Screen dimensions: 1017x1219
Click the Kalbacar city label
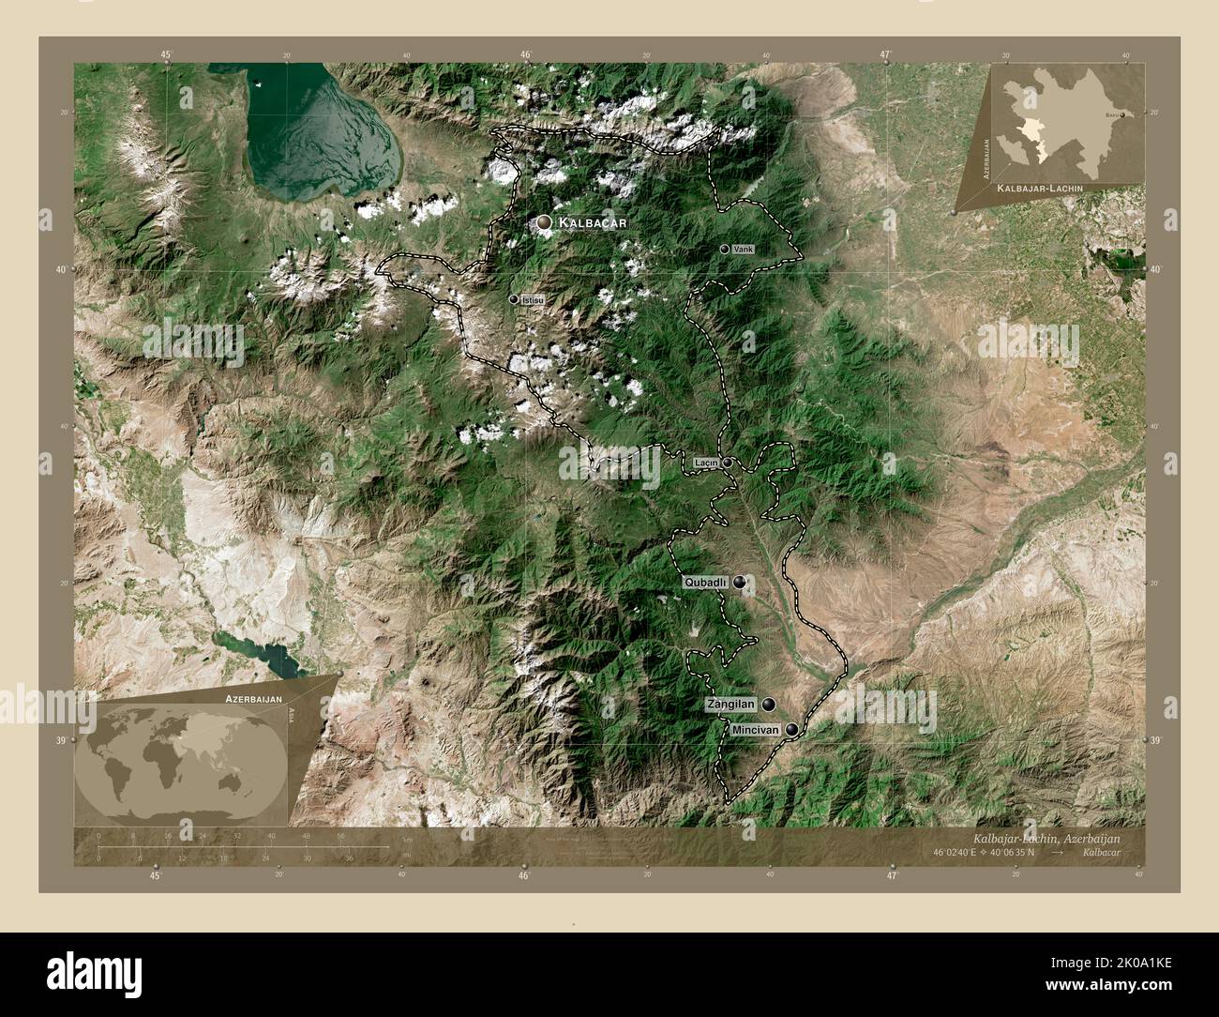[x=591, y=222]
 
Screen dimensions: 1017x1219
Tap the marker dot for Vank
[x=725, y=249]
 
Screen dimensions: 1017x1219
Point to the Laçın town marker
[x=727, y=463]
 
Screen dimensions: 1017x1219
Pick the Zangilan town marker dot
[x=769, y=704]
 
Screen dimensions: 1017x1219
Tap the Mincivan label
[x=755, y=729]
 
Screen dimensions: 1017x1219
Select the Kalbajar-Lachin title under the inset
[x=1041, y=189]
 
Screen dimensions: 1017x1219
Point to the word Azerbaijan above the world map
[x=252, y=700]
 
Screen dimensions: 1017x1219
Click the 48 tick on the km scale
[x=306, y=836]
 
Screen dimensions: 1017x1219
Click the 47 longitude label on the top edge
[x=885, y=53]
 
